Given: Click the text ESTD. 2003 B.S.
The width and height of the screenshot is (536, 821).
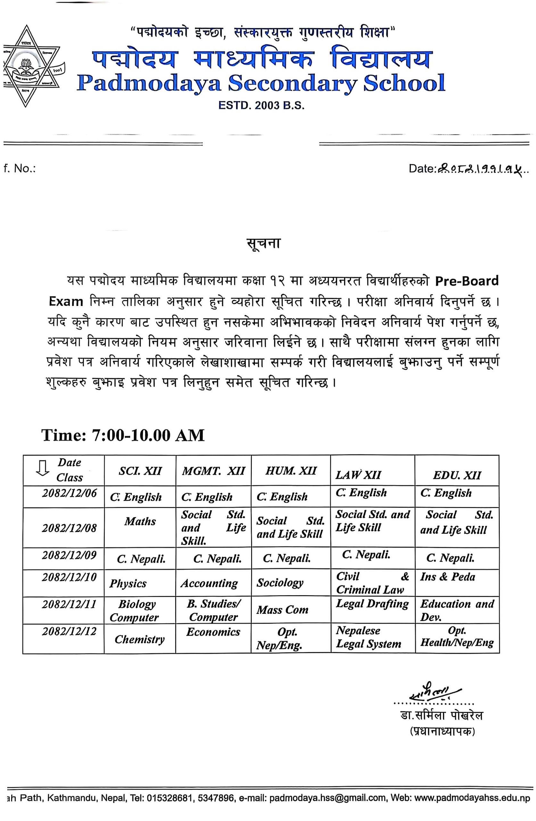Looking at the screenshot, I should (262, 106).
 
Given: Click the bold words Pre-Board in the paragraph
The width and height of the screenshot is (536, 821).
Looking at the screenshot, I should (466, 281).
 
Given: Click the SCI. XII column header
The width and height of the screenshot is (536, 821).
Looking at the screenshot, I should (140, 471).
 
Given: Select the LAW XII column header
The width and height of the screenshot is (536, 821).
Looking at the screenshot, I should (358, 475).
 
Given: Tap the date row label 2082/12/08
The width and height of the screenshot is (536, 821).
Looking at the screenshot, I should (69, 528).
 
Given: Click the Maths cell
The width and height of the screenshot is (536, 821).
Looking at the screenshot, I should (140, 521).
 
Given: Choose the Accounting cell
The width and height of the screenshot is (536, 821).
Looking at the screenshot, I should (209, 583).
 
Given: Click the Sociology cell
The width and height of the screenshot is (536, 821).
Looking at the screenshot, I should (280, 583).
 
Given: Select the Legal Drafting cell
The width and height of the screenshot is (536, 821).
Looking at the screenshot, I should (372, 604).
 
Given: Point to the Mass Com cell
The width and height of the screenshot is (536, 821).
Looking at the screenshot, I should (282, 610).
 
